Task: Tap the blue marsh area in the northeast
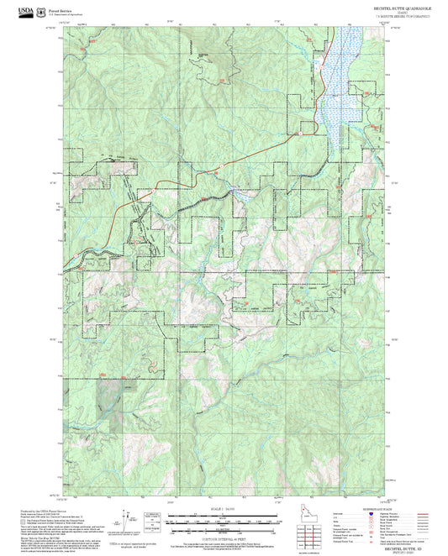pos(340,76)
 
